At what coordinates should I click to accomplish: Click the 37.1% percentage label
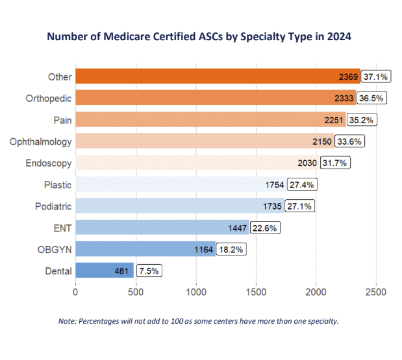pyautogui.click(x=375, y=77)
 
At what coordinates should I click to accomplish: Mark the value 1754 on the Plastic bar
pyautogui.click(x=274, y=185)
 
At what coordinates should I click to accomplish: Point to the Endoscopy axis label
pyautogui.click(x=49, y=163)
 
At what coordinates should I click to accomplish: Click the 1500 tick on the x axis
pyautogui.click(x=256, y=292)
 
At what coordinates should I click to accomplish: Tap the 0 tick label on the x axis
pyautogui.click(x=76, y=292)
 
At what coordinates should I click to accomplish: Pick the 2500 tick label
pyautogui.click(x=376, y=292)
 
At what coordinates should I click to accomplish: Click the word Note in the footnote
pyautogui.click(x=68, y=321)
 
